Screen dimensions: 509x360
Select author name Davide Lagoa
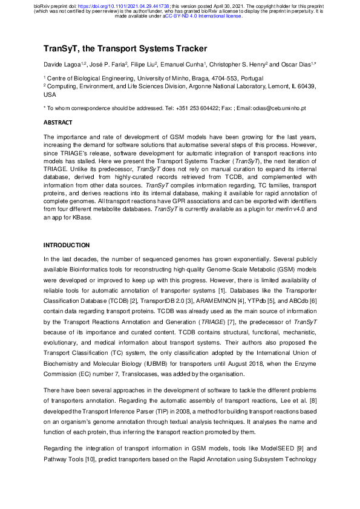point(63,64)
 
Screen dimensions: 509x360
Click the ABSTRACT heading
point(57,122)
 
